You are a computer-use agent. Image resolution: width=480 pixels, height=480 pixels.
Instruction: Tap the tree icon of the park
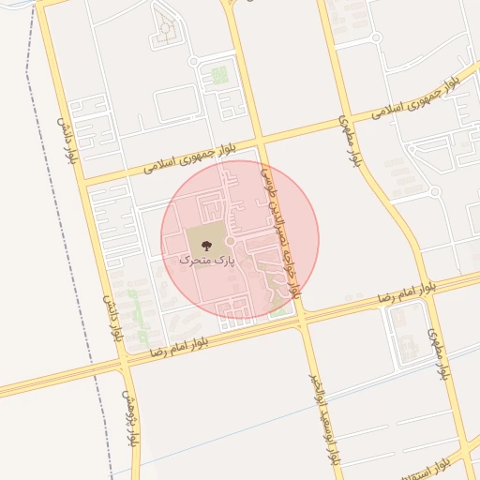point(206,244)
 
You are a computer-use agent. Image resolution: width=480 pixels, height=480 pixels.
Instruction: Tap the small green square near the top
point(218,74)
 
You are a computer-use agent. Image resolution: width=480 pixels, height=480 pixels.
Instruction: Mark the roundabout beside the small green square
point(194,61)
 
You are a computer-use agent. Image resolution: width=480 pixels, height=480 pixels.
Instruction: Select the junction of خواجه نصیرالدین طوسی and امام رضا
point(302,319)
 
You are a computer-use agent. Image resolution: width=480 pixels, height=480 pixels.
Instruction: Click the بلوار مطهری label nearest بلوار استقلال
point(439,354)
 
